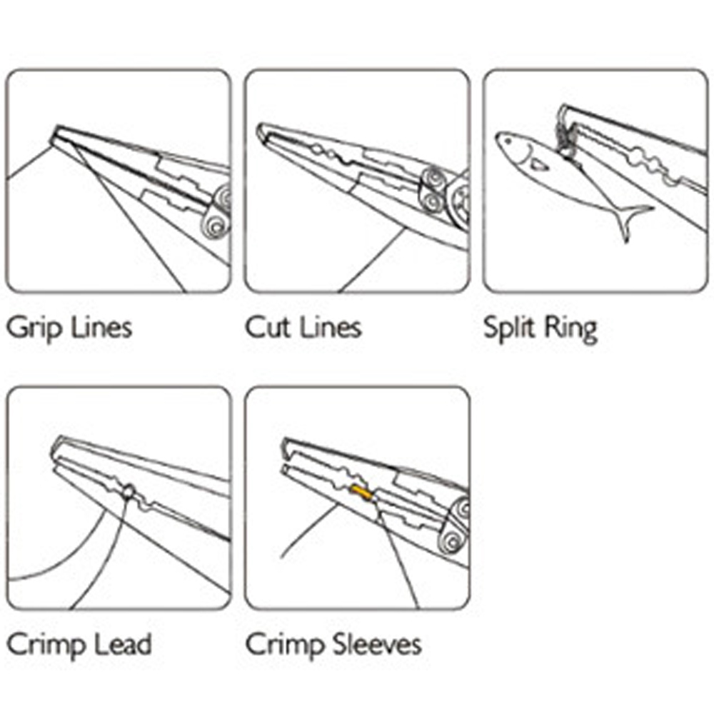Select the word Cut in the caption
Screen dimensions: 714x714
click(265, 327)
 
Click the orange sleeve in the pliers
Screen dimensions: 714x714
click(360, 492)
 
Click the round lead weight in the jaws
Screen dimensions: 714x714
click(129, 492)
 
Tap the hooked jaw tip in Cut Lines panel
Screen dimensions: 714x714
click(261, 132)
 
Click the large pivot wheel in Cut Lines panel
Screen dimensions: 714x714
click(461, 203)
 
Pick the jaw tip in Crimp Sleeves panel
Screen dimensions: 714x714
click(285, 451)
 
